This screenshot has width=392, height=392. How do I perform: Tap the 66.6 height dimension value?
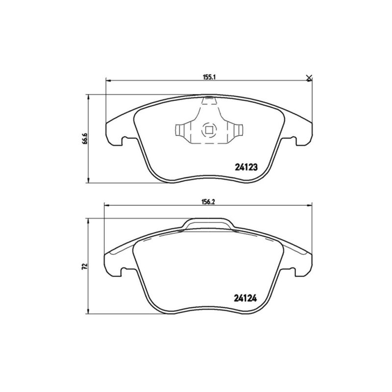click(85, 139)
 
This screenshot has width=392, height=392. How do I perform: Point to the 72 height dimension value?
click(85, 267)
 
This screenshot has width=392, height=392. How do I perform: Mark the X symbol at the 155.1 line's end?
click(309, 78)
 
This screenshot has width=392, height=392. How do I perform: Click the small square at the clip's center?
click(208, 130)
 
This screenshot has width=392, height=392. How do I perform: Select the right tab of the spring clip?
click(237, 131)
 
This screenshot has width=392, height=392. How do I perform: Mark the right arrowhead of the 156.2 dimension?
click(310, 205)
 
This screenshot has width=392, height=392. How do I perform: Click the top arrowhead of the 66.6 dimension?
click(88, 97)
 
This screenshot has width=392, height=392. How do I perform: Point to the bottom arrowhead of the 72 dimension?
click(88, 313)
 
